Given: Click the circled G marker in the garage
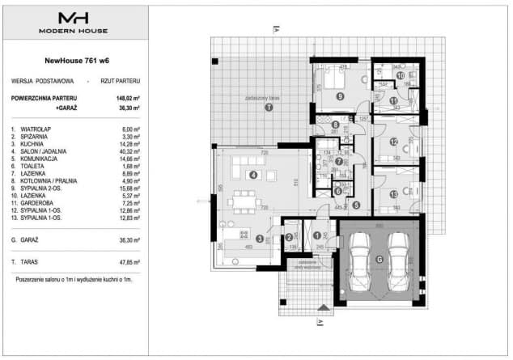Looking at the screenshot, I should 379,259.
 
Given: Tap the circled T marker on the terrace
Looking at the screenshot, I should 269,107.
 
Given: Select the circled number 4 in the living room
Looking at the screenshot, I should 253,174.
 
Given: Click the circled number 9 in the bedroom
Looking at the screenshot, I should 340,96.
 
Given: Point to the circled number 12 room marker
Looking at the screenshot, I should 393,142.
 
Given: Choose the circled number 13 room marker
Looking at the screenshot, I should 393,194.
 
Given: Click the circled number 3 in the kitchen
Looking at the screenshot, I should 259,239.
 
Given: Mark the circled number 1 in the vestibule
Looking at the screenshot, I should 316,235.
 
